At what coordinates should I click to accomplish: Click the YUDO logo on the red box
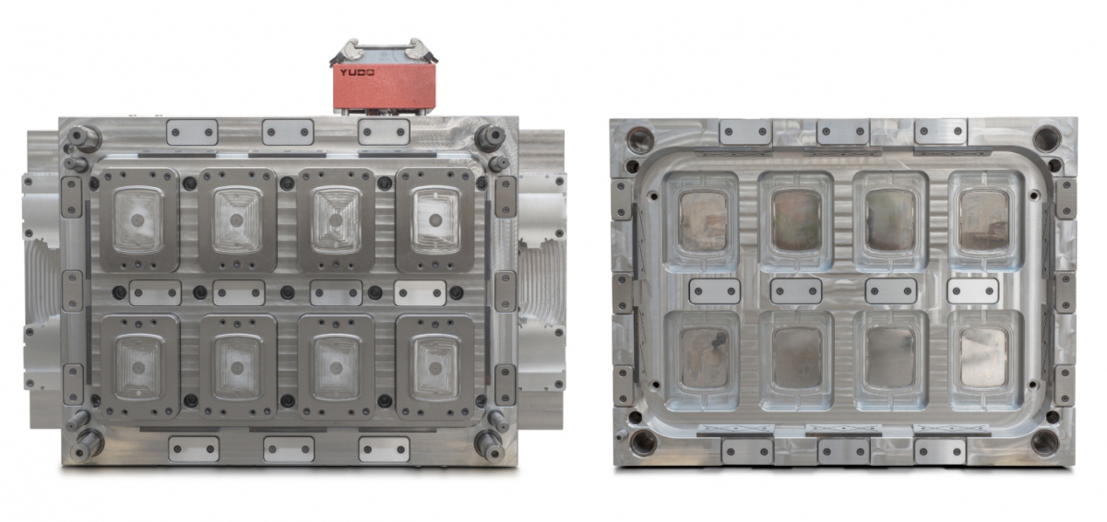point(356,73)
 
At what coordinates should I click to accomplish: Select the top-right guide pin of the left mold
point(490,137)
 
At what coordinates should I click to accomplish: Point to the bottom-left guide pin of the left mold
point(87,444)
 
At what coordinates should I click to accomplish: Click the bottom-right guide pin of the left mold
point(489,445)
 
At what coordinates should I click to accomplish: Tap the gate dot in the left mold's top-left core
point(137,219)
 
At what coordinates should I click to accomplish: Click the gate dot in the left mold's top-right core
point(434,219)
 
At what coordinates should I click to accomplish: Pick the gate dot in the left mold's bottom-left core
point(138,367)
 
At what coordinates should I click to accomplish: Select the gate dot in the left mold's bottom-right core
point(434,368)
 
